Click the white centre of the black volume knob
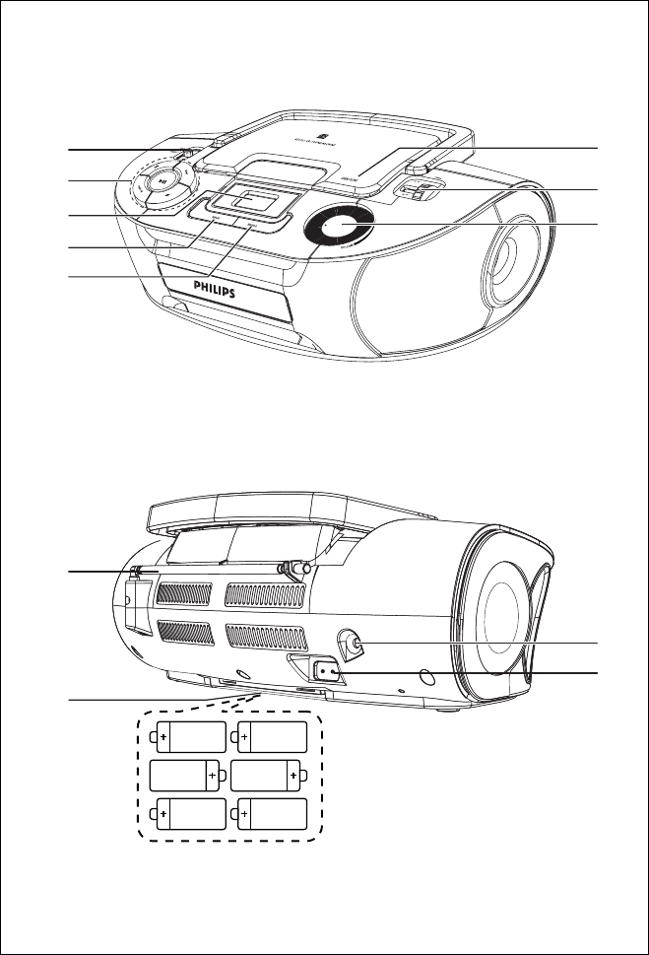pos(333,227)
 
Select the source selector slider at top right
pos(417,190)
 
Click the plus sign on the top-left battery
pos(162,735)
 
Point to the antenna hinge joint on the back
pos(292,569)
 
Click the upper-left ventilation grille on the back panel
pos(183,593)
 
